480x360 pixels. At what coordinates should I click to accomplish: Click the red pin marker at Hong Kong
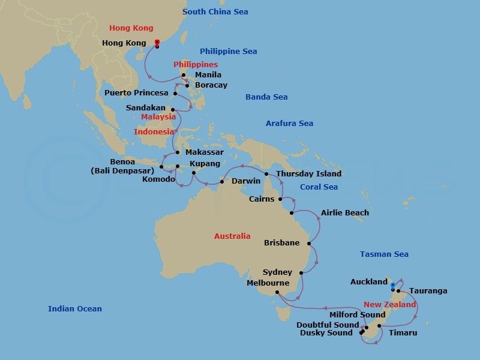157,42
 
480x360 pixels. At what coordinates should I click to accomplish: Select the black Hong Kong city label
124,43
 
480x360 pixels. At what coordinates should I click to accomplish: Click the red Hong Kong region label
131,28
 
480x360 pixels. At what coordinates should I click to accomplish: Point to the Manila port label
208,75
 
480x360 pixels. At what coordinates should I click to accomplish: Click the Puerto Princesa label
136,93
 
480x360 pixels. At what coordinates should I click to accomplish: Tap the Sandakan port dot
173,109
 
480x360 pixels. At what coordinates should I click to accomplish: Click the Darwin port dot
222,181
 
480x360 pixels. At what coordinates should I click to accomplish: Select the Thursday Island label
308,174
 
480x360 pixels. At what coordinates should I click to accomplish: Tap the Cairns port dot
281,199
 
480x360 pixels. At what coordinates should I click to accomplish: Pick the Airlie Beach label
345,213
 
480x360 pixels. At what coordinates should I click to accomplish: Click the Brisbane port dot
309,244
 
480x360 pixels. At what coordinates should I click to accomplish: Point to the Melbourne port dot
277,293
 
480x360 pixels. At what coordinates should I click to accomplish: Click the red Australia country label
232,236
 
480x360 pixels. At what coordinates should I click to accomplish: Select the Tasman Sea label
384,254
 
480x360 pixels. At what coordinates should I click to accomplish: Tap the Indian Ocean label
75,309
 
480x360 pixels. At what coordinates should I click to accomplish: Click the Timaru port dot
379,326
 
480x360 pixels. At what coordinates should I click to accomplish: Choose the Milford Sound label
358,315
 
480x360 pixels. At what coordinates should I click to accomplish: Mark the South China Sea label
215,12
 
